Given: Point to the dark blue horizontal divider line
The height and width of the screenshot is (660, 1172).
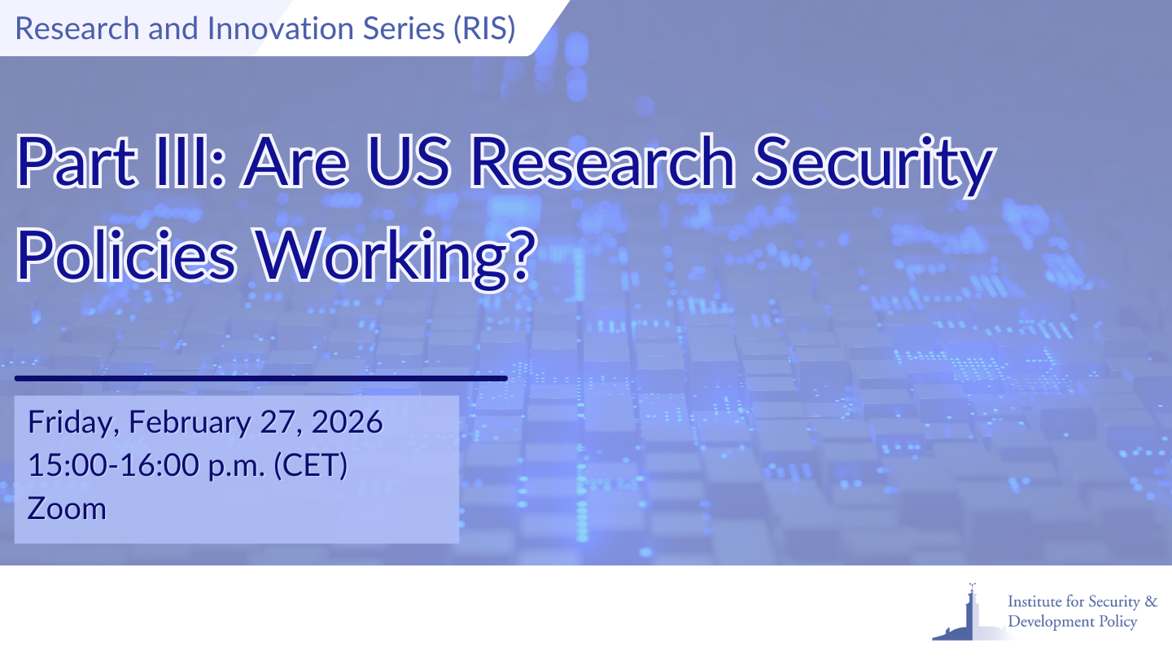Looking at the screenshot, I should click(x=260, y=378).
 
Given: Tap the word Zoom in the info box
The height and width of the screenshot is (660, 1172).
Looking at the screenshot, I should click(x=67, y=508).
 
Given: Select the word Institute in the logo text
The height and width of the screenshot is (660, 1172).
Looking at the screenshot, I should click(x=1035, y=602).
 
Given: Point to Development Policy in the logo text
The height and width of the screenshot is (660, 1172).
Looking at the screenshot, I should click(x=1072, y=623).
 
